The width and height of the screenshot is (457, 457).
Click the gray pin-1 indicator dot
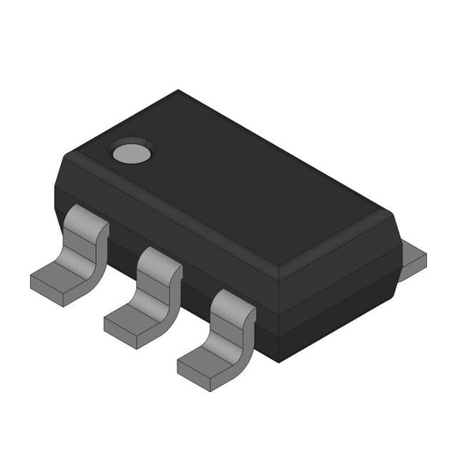130,153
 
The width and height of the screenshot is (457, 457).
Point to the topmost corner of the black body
178,91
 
